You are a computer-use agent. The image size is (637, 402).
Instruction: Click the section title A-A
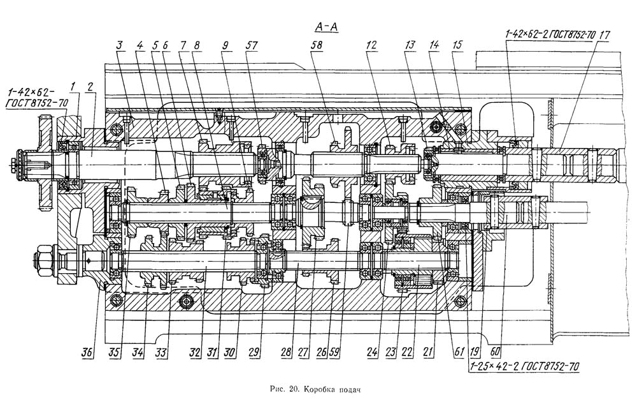pyautogui.click(x=326, y=27)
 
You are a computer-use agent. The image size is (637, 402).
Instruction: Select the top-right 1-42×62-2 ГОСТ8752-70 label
pyautogui.click(x=550, y=34)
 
